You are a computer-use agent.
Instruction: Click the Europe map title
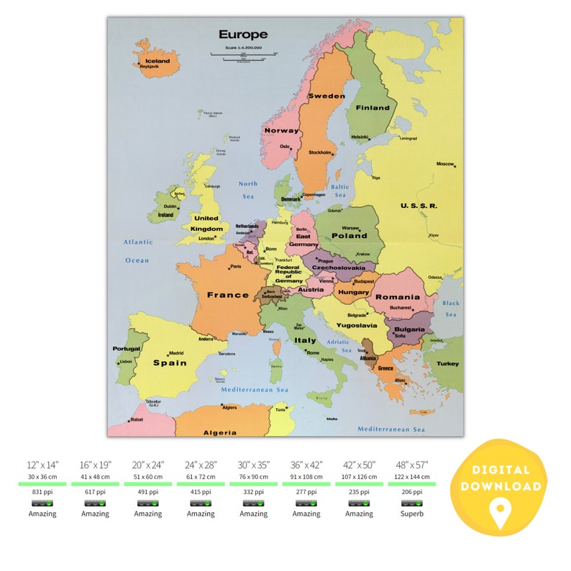243,35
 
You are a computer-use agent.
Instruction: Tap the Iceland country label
157,61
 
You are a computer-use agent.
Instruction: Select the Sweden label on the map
326,96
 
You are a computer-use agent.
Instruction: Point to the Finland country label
373,108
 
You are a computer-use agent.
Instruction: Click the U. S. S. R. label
419,206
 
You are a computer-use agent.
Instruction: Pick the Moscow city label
445,163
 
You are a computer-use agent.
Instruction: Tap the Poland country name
349,235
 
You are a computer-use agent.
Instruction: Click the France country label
227,295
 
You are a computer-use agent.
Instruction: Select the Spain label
170,362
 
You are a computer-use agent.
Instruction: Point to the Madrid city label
177,353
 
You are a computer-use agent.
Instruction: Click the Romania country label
397,296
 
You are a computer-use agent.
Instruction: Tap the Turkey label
447,363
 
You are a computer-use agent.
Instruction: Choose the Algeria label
219,432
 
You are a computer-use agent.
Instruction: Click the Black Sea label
451,309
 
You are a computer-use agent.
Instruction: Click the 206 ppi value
411,491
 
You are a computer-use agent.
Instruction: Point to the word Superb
411,513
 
